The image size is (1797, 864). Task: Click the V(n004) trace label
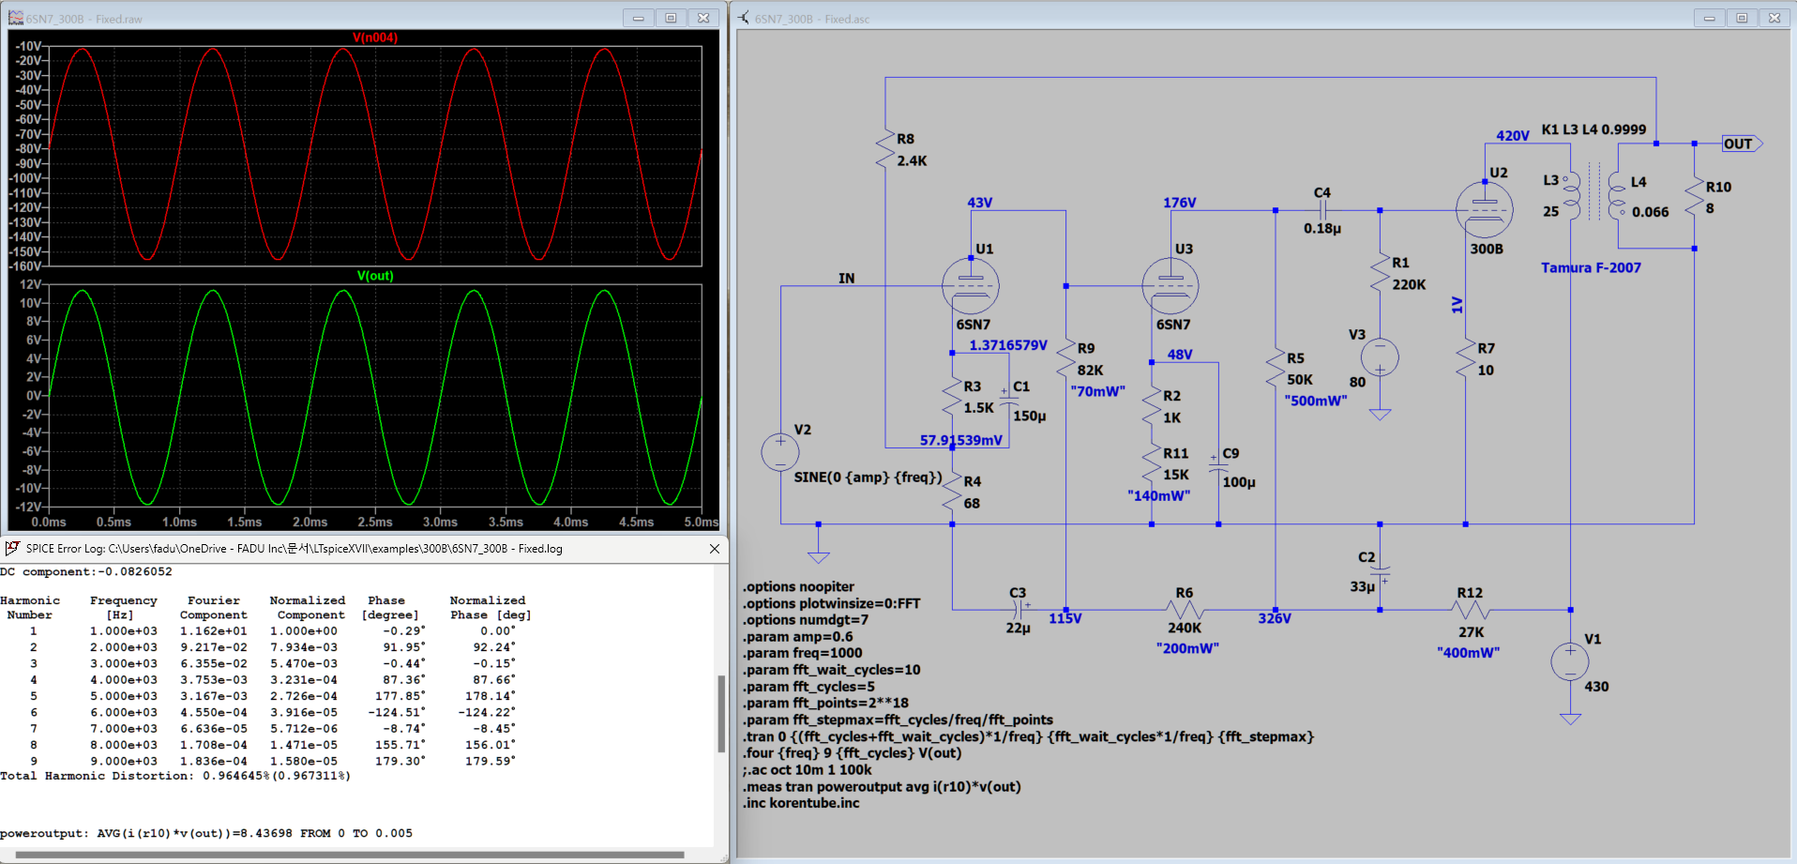(x=375, y=38)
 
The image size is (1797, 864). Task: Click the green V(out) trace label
(x=375, y=276)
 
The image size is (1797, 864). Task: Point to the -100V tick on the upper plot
(x=28, y=178)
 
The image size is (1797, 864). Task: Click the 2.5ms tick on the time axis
(x=374, y=522)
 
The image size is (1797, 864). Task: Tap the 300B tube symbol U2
(x=1484, y=210)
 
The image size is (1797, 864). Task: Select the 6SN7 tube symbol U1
(x=971, y=285)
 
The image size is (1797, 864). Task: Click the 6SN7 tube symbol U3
(x=1170, y=285)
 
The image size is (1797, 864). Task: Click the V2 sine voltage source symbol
(x=780, y=452)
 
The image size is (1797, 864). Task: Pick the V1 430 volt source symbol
(x=1570, y=661)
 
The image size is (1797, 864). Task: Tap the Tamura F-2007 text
(x=1591, y=267)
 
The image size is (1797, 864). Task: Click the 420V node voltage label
(x=1513, y=136)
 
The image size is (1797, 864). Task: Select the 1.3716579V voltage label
(x=1008, y=345)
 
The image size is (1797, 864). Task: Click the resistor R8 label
(x=905, y=139)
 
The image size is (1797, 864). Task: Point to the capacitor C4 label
(x=1321, y=192)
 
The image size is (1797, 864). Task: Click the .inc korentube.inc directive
(x=802, y=803)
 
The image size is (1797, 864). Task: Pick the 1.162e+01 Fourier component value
(x=214, y=631)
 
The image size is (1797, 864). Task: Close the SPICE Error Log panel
(x=715, y=549)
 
